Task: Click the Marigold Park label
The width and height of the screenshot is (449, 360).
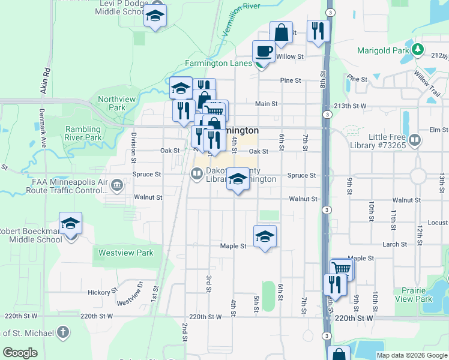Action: pyautogui.click(x=382, y=50)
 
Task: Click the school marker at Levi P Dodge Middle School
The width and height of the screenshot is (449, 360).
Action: pyautogui.click(x=155, y=16)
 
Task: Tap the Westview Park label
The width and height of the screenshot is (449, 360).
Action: pyautogui.click(x=126, y=253)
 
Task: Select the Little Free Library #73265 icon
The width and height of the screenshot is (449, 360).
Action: pyautogui.click(x=415, y=140)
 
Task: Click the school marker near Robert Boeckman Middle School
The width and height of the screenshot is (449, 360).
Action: pyautogui.click(x=70, y=223)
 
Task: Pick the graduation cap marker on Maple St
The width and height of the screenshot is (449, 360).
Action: pyautogui.click(x=265, y=237)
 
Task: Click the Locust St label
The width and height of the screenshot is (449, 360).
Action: pyautogui.click(x=437, y=223)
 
